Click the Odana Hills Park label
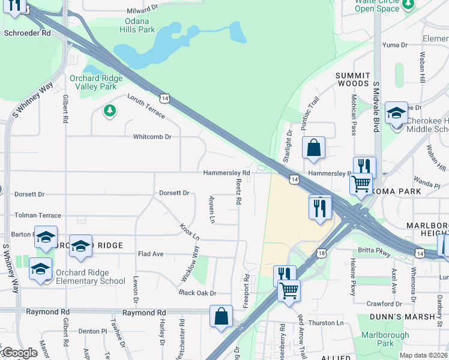137,25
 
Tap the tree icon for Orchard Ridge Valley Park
109,110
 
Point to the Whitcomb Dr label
152,137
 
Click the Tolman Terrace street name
38,215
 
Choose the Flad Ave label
150,254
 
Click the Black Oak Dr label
197,293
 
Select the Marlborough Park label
385,340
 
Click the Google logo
19,353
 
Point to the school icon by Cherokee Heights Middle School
396,113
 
